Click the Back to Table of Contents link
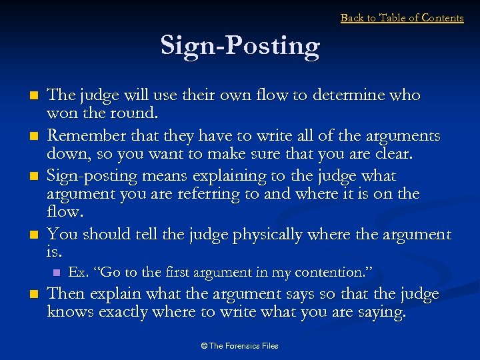402,18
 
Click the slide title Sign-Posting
240,46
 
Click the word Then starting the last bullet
65,294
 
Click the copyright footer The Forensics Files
240,346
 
